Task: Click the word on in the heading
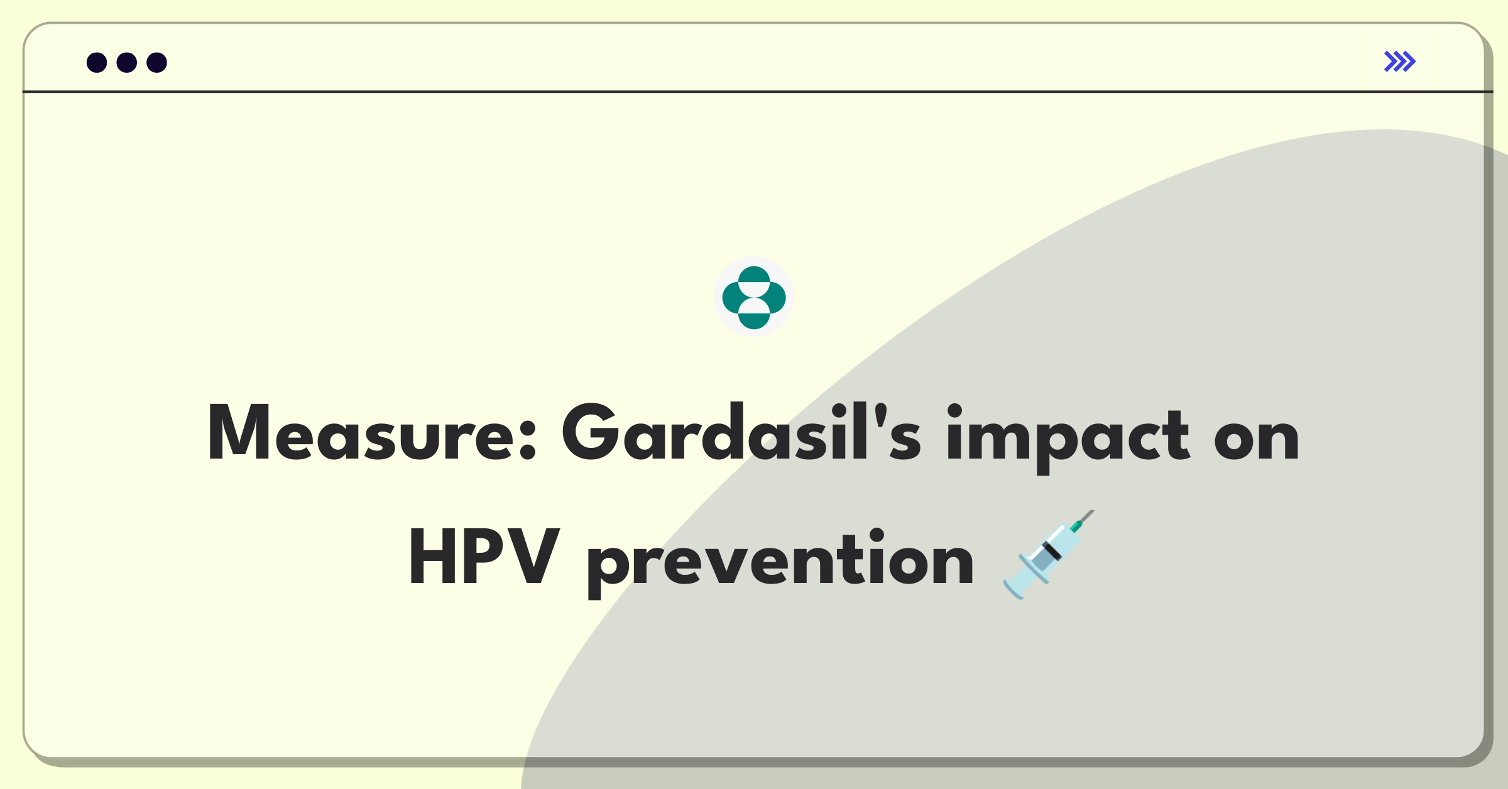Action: point(1257,437)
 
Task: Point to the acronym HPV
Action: point(484,557)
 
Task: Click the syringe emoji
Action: point(1048,555)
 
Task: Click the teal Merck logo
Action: point(754,297)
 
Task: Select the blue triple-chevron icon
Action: point(1400,62)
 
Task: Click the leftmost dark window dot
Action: point(97,63)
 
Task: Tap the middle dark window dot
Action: point(127,63)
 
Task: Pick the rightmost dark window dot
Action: point(156,63)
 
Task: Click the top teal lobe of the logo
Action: point(754,276)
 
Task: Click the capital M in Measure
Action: point(240,433)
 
